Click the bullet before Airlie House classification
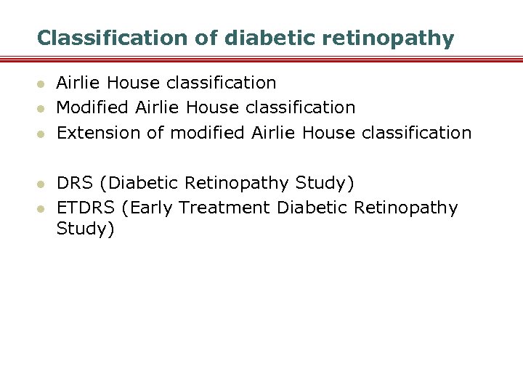(41, 84)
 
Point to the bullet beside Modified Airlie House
(41, 109)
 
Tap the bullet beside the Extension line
(41, 134)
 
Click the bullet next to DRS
(41, 184)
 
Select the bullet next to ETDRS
(41, 209)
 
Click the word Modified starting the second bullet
(93, 108)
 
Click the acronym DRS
(78, 182)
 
